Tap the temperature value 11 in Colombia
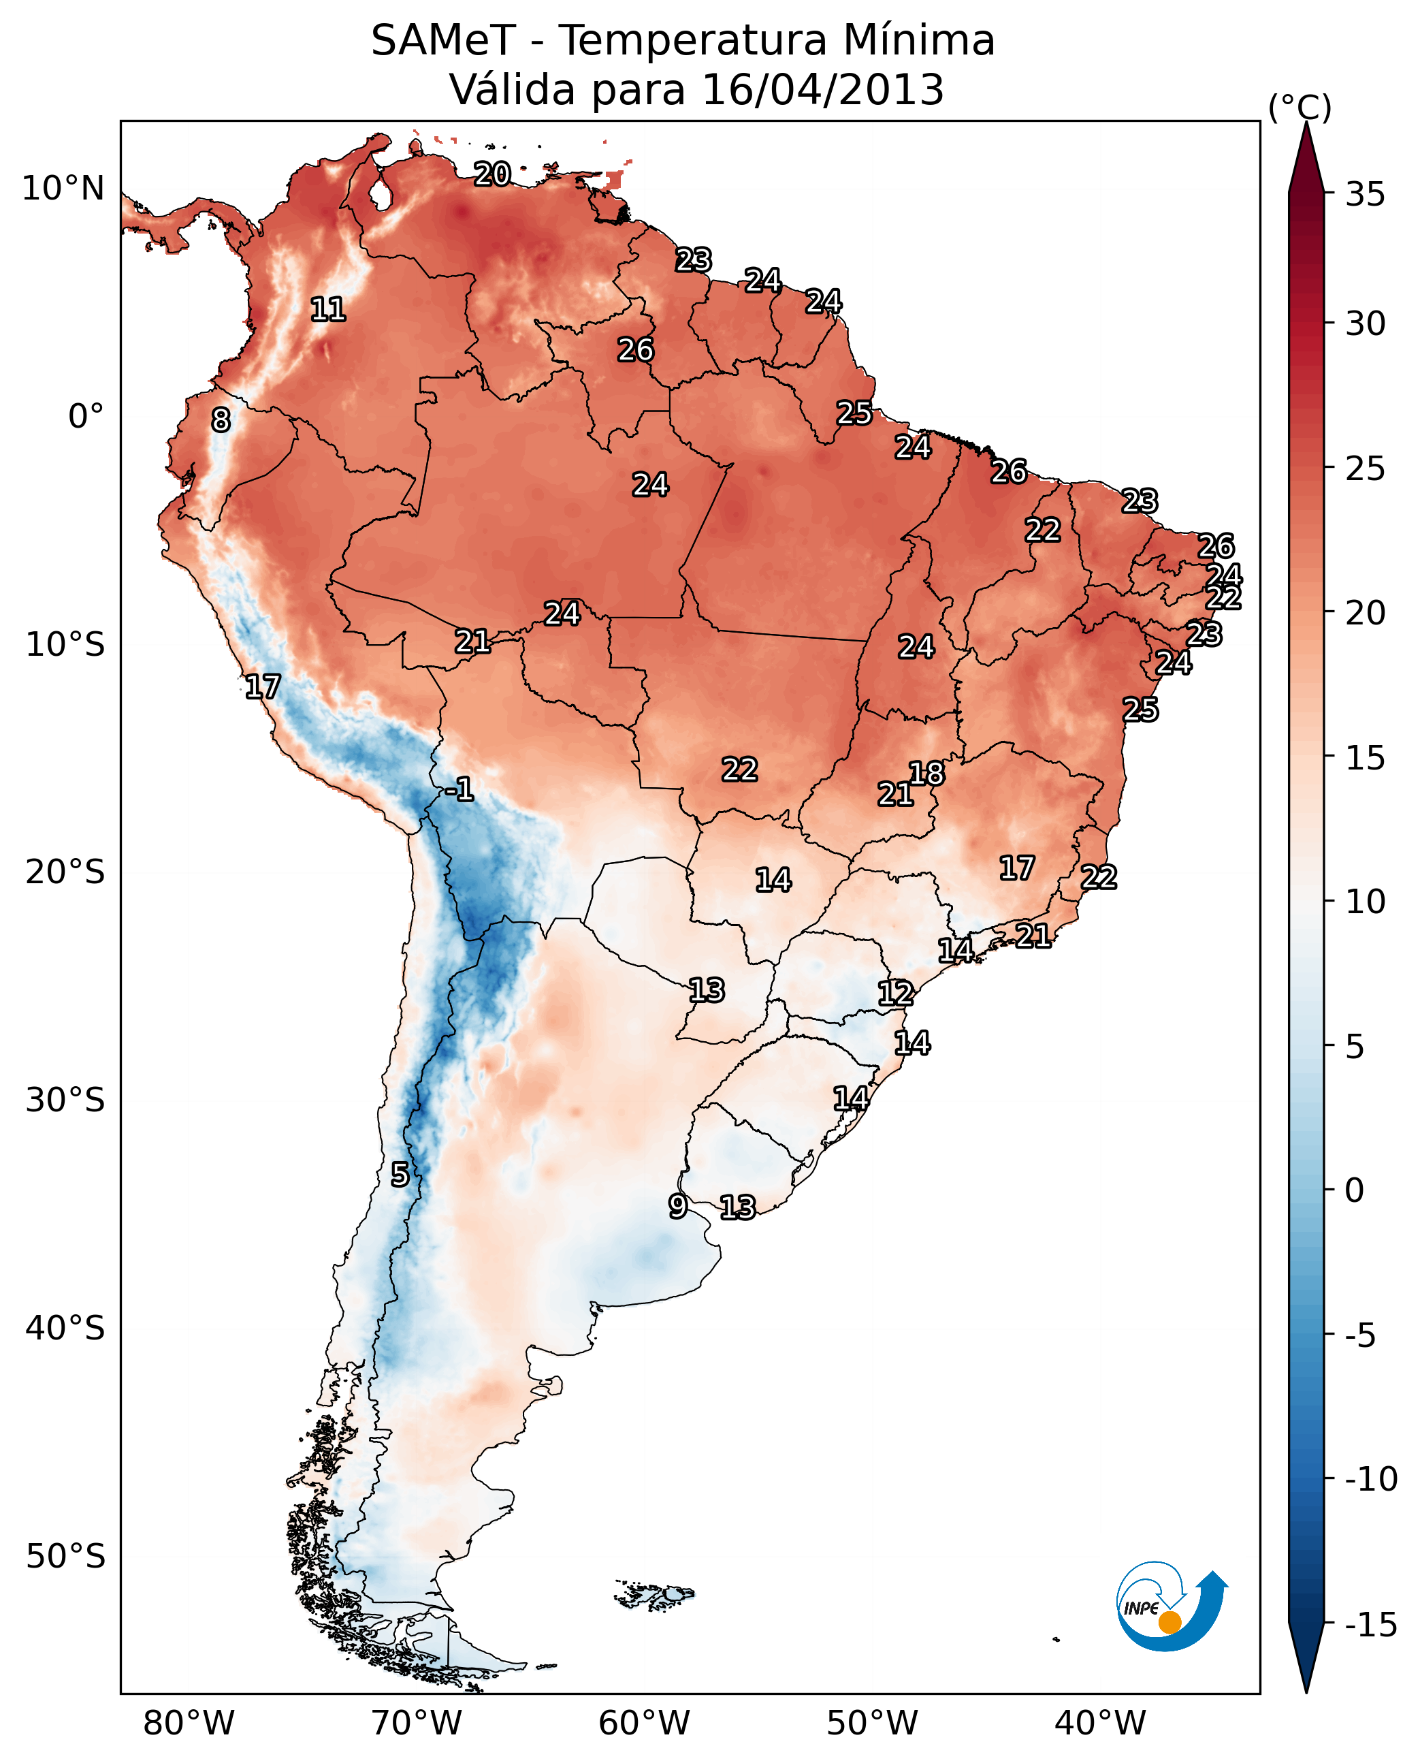(328, 309)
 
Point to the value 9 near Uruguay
(677, 1205)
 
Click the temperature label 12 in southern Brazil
(895, 993)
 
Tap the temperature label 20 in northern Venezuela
(492, 174)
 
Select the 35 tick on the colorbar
(1365, 195)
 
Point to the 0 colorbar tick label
(1355, 1190)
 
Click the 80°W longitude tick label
(189, 1723)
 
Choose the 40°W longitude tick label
(1100, 1723)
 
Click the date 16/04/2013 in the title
(823, 89)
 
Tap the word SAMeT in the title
(442, 40)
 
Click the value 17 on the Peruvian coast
(263, 686)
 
